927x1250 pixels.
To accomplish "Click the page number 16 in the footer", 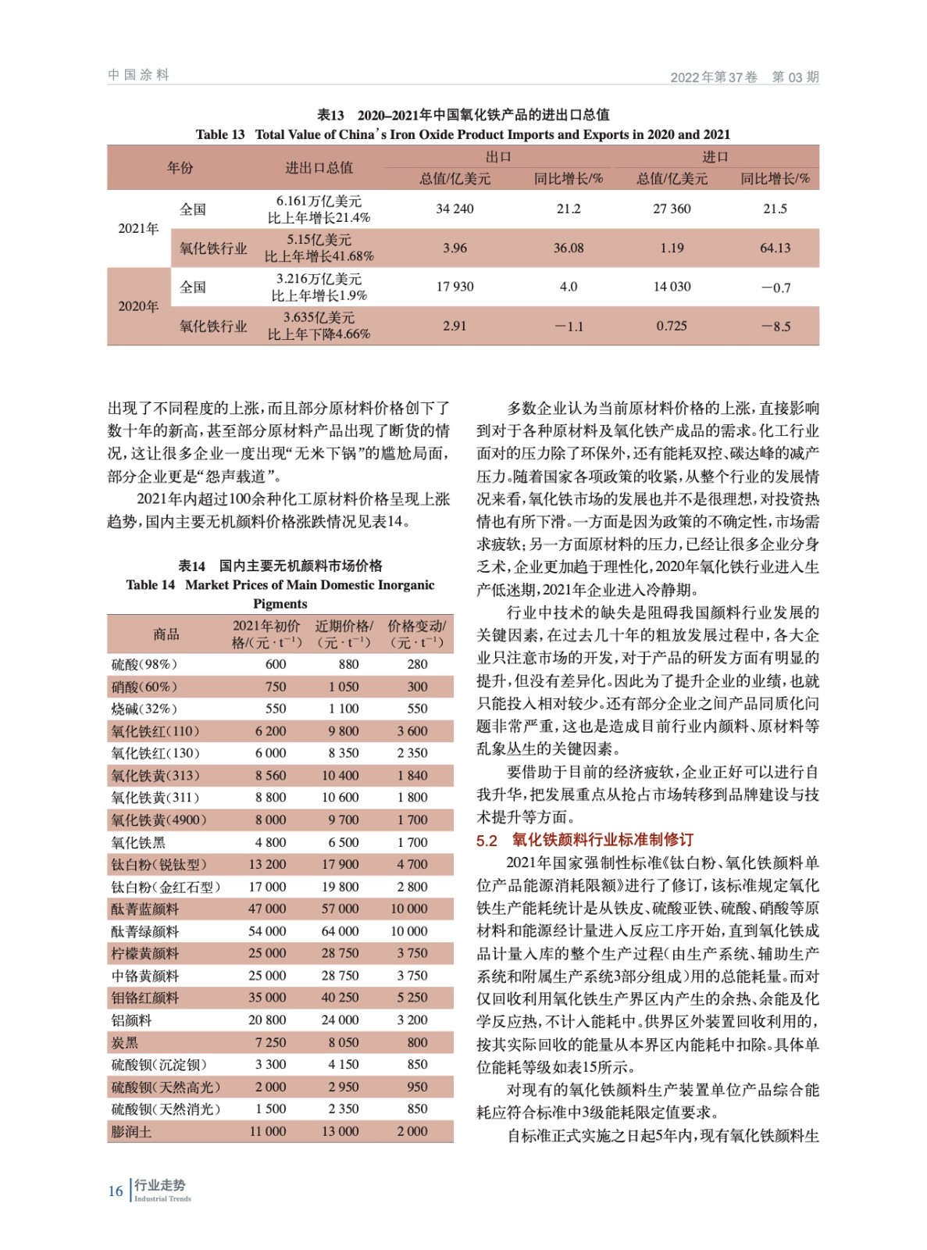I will pos(115,1191).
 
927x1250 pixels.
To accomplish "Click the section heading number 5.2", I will pos(487,840).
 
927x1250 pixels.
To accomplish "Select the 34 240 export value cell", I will pos(455,209).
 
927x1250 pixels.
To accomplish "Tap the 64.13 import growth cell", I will pos(775,248).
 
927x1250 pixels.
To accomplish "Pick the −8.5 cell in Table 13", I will pos(775,326).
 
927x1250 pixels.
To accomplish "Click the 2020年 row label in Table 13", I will pos(138,306).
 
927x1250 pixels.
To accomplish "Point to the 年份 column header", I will pos(180,167).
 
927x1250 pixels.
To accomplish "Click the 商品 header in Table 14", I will pos(166,634).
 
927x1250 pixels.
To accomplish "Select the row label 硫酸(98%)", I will pos(144,664).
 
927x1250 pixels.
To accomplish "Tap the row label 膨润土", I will pos(131,1131).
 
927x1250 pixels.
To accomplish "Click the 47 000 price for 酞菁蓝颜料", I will pos(267,909).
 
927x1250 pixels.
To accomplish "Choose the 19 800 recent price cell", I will pos(340,887).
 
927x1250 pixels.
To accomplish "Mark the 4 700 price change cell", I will pos(412,864).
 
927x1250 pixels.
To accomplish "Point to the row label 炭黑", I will pos(125,1042).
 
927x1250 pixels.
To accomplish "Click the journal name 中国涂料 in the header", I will pos(138,75).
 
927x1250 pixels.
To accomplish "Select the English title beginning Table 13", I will pos(462,134).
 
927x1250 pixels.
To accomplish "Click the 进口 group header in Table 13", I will pos(715,156).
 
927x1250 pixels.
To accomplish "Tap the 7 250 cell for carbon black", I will pos(270,1042).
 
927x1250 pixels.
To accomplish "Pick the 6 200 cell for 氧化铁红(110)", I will pos(270,730).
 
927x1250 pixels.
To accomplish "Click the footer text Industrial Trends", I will pos(162,1198).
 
